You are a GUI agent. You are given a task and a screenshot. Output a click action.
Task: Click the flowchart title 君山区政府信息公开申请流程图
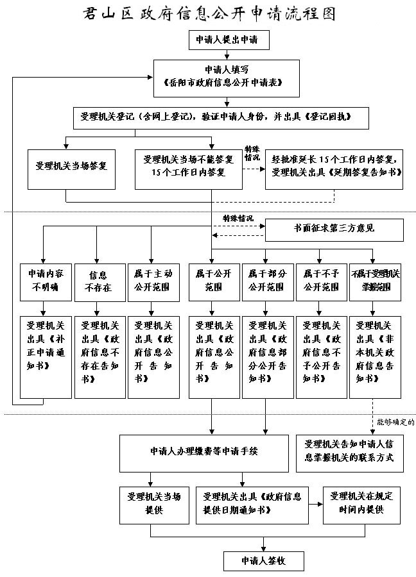[x=208, y=14]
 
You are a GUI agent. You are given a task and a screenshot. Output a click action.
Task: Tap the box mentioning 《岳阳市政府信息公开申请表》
[x=227, y=77]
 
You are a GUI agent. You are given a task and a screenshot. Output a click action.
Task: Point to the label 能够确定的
[x=394, y=422]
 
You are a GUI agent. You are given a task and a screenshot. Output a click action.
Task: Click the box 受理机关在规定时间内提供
[x=361, y=503]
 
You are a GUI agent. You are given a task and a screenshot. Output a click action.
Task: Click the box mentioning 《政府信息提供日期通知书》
[x=252, y=503]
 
